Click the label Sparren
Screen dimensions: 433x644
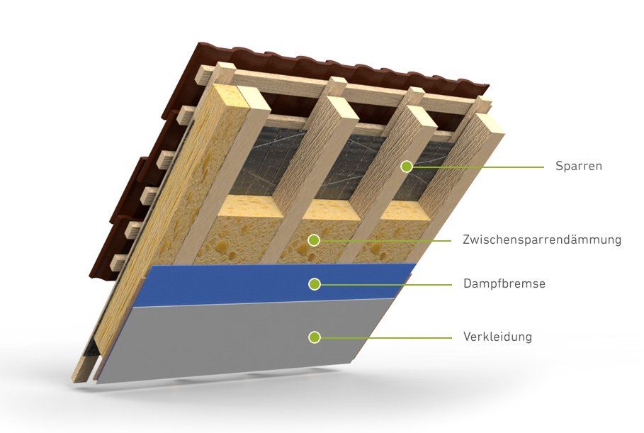pyautogui.click(x=578, y=167)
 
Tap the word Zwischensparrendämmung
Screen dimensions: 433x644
pyautogui.click(x=542, y=240)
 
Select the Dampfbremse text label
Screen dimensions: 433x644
pyautogui.click(x=504, y=284)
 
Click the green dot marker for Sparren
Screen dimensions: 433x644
pyautogui.click(x=406, y=167)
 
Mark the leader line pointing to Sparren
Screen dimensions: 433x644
pyautogui.click(x=482, y=167)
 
